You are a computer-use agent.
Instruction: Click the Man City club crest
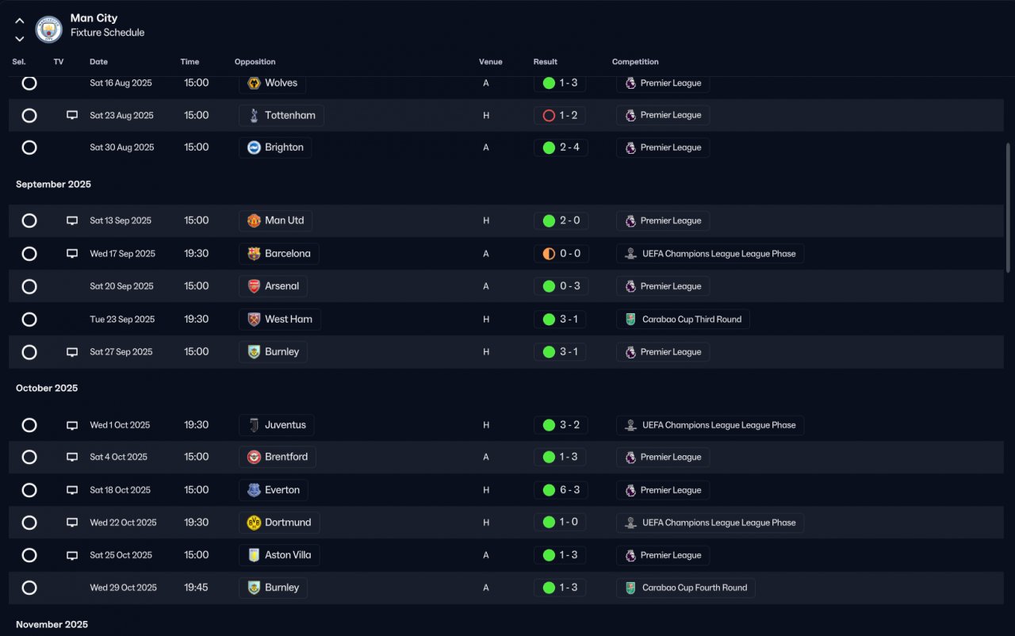point(48,29)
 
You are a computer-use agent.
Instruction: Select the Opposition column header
point(255,62)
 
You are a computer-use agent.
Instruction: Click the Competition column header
point(635,62)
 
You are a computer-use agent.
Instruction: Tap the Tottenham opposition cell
point(282,116)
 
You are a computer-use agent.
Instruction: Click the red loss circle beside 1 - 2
point(549,116)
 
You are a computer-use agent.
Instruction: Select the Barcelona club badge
point(254,253)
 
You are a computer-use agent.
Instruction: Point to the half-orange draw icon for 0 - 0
point(549,254)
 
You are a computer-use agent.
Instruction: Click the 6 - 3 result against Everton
point(569,489)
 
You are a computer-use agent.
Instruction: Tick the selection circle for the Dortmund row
point(29,523)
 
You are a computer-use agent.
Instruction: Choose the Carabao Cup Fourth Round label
point(694,588)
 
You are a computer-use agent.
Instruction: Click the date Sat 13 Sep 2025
point(121,220)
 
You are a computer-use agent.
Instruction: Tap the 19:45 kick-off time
point(196,588)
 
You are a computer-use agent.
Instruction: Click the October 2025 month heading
point(47,389)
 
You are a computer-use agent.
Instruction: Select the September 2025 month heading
point(53,184)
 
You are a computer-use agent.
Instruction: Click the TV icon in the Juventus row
point(72,425)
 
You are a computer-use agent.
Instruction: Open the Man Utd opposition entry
point(276,220)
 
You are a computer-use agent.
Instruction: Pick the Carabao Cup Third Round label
point(691,320)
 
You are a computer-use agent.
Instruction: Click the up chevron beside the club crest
point(20,21)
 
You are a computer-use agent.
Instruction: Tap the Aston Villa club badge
point(254,555)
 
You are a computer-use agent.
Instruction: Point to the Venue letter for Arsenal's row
point(486,286)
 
